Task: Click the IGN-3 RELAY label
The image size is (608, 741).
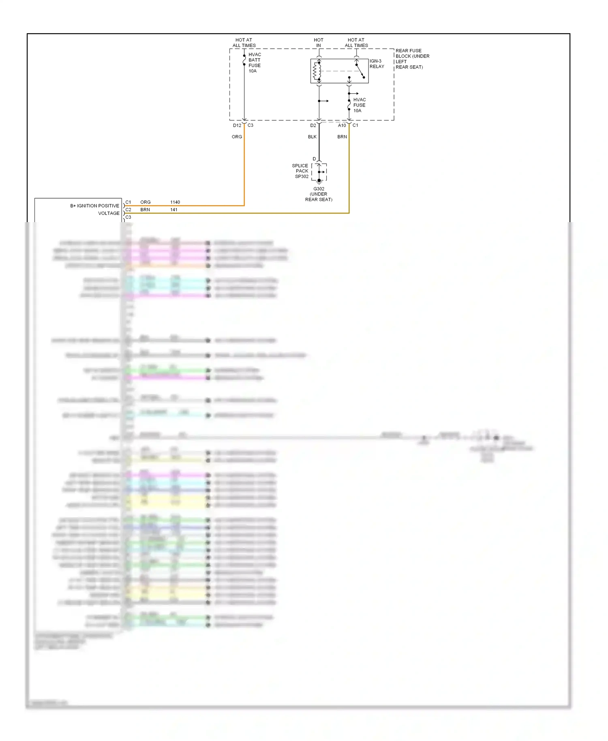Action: pos(377,64)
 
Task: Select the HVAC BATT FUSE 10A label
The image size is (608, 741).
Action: pos(255,62)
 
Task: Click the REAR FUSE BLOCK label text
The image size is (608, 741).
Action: pos(412,59)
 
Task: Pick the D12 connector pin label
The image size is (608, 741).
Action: pos(237,125)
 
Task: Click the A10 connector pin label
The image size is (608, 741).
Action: pos(342,125)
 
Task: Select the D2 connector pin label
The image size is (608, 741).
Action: pos(313,125)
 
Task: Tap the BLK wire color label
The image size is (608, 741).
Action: pos(312,137)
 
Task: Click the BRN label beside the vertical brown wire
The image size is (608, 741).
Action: pos(342,137)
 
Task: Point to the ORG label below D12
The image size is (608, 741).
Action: pos(237,137)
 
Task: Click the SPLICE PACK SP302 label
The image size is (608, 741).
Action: pos(300,171)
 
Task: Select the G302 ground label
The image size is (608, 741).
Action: pos(319,194)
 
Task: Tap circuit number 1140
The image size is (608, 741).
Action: pos(175,202)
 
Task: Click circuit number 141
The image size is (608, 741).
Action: pos(173,210)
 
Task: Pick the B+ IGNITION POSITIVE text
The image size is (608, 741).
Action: pos(94,206)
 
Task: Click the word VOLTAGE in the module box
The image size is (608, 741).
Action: pos(109,213)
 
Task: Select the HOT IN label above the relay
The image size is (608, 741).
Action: pos(318,43)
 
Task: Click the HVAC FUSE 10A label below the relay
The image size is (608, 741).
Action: pos(359,105)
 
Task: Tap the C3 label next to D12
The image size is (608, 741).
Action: pos(250,125)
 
